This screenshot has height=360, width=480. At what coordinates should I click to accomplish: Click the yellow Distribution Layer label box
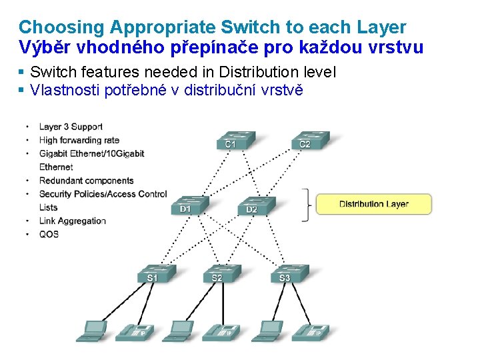373,204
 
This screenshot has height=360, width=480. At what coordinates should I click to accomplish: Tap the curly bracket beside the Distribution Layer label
307,204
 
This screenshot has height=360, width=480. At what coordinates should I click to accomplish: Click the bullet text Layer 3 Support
71,127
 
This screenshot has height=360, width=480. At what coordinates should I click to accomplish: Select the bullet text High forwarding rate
79,140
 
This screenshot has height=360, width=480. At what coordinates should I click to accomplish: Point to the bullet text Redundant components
86,181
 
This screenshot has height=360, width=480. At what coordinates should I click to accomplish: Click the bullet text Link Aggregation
72,221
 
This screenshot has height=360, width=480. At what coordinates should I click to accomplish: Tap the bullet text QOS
49,234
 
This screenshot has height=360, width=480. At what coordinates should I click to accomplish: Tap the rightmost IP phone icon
311,331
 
